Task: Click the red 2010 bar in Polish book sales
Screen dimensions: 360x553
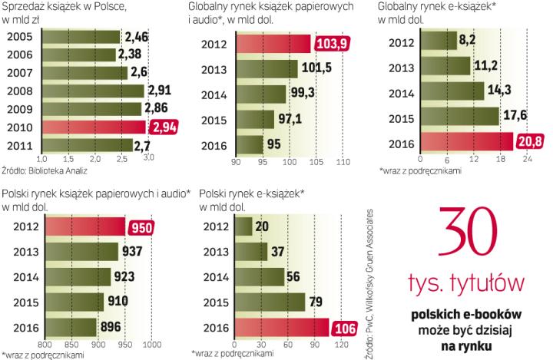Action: coord(92,127)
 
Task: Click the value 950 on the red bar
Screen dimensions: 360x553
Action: coord(138,226)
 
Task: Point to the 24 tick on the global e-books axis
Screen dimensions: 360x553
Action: coord(526,159)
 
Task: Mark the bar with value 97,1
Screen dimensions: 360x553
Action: coord(255,120)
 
